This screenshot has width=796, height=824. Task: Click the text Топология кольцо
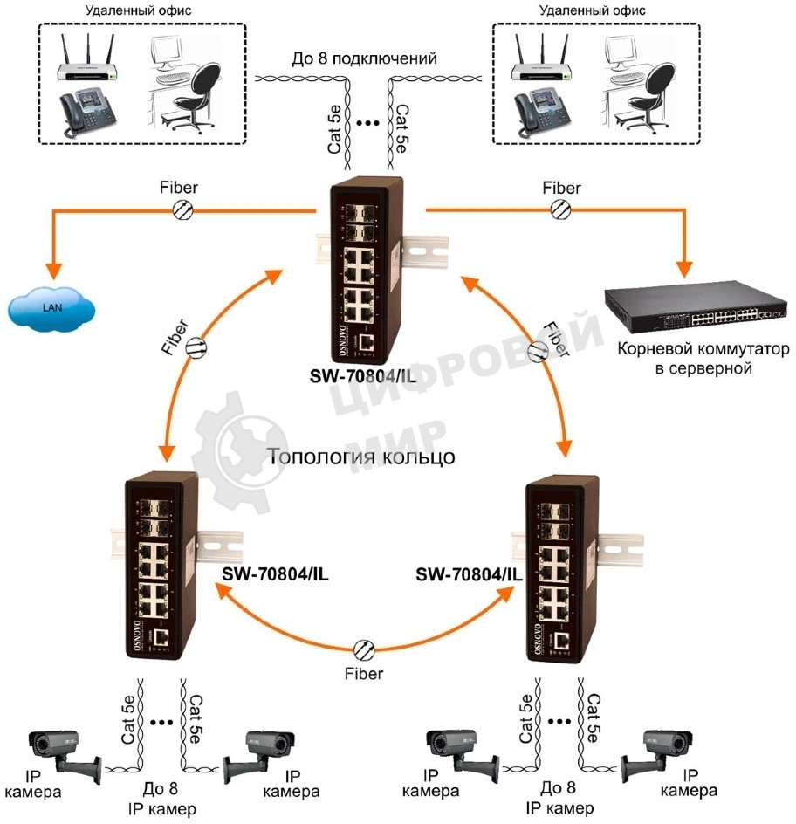coord(361,457)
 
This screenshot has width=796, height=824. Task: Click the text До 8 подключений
coord(363,60)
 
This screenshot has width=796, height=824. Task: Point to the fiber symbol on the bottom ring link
coord(364,649)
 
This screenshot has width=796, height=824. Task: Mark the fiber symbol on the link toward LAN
coord(183,209)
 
